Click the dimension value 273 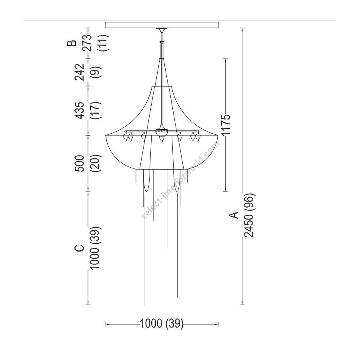pyautogui.click(x=87, y=43)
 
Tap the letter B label pyautogui.click(x=72, y=43)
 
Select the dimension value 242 pyautogui.click(x=80, y=72)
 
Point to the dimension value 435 pyautogui.click(x=80, y=110)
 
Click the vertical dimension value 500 pyautogui.click(x=80, y=163)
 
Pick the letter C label pyautogui.click(x=79, y=248)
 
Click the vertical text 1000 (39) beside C pyautogui.click(x=94, y=248)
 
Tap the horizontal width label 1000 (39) pyautogui.click(x=162, y=324)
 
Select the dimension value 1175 pyautogui.click(x=226, y=124)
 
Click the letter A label pyautogui.click(x=234, y=215)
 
